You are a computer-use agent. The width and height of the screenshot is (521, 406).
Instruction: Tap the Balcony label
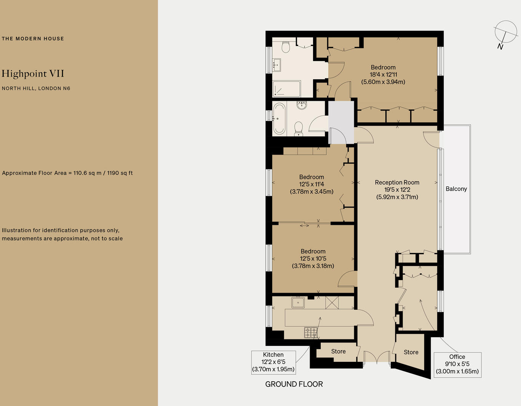point(456,189)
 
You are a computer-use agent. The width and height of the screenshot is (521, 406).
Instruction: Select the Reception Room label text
point(397,183)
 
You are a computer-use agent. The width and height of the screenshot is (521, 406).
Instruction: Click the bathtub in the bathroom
point(279,118)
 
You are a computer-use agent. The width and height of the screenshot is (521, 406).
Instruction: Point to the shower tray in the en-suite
point(287,89)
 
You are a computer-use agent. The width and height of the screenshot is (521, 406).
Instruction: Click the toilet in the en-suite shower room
point(286,47)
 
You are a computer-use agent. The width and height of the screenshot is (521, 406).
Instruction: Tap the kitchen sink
point(298,303)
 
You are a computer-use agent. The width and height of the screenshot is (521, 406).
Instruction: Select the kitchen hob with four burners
point(311,333)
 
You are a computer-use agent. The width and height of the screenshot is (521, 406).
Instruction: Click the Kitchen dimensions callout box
point(273,362)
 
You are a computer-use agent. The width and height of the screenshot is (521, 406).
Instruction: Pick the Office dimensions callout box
point(457,365)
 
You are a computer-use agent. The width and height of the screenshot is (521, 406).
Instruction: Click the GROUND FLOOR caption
point(294,384)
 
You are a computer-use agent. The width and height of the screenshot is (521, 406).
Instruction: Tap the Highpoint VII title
point(33,73)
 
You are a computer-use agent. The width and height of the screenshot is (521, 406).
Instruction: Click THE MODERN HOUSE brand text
point(33,38)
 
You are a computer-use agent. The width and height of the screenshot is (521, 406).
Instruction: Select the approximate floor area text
point(67,173)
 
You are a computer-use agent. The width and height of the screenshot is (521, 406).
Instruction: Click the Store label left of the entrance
point(338,351)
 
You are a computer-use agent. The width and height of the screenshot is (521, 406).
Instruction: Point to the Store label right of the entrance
point(411,352)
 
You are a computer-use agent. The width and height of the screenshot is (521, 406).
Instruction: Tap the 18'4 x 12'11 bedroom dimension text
point(383,75)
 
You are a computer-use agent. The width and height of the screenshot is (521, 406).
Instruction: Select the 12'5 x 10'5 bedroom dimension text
point(313,259)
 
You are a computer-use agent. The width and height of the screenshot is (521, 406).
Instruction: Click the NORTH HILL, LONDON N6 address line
point(36,88)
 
